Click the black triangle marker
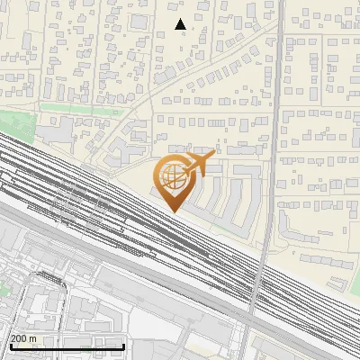[180, 24]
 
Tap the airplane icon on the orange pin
[198, 163]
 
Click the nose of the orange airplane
[214, 155]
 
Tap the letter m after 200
[33, 337]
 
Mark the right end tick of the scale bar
[123, 346]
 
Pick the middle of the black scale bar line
[67, 346]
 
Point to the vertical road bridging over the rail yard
[261, 270]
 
